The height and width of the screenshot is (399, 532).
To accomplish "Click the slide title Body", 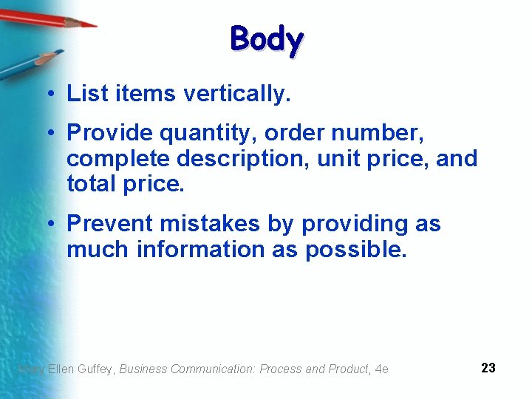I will (x=266, y=40).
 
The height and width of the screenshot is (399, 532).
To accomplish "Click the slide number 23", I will (x=488, y=368).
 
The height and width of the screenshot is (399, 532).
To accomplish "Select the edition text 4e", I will (x=382, y=369).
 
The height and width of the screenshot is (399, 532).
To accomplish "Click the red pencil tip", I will (x=89, y=24).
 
